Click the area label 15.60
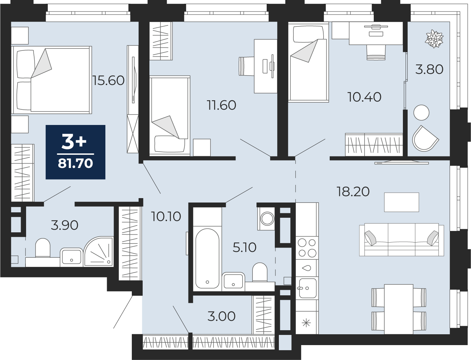click(108, 81)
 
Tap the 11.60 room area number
click(222, 105)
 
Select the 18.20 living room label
click(353, 191)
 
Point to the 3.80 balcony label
click(429, 69)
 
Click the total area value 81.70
click(75, 163)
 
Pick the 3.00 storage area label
click(222, 316)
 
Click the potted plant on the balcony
click(434, 39)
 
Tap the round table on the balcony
click(421, 112)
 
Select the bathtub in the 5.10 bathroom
click(207, 258)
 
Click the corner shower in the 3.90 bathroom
click(99, 252)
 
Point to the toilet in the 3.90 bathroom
click(43, 248)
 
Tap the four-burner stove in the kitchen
click(307, 248)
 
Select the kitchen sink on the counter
click(307, 288)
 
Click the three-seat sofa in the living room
click(402, 239)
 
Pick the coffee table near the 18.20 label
click(402, 202)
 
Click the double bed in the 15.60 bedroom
click(52, 80)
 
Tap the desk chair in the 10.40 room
click(376, 52)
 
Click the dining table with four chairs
click(399, 309)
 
